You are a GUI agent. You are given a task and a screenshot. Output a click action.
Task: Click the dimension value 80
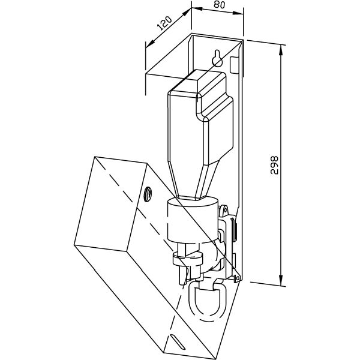click(x=219, y=5)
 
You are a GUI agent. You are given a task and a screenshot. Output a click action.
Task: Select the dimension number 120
click(x=164, y=23)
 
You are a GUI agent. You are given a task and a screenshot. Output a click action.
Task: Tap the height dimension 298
click(x=274, y=165)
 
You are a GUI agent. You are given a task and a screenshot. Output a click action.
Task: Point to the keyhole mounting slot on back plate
click(x=217, y=58)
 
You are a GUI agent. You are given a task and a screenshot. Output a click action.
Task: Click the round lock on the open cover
click(x=148, y=194)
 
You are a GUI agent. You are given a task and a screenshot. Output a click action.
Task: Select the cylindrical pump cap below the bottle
click(x=193, y=220)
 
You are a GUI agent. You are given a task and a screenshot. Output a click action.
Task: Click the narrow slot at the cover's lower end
click(x=178, y=341)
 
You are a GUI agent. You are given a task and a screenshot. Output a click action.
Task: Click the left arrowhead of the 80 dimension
click(x=197, y=9)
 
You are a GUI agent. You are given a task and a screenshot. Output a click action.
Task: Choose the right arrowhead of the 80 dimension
click(x=238, y=13)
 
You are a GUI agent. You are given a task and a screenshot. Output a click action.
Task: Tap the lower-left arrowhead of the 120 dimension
click(x=150, y=44)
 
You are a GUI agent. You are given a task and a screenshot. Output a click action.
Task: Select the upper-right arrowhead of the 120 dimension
click(x=187, y=12)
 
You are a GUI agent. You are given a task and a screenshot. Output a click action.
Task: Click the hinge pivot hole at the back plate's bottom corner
click(x=238, y=278)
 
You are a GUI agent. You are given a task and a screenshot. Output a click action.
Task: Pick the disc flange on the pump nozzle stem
click(x=188, y=259)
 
